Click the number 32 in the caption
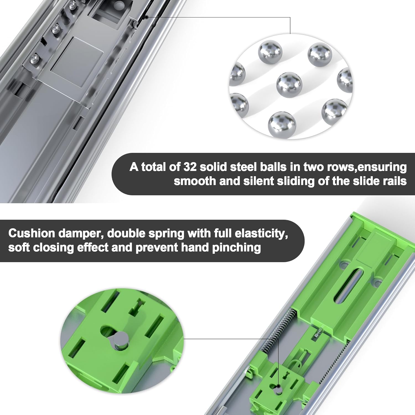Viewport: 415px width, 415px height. [x=190, y=167]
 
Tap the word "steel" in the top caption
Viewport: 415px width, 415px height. [x=244, y=167]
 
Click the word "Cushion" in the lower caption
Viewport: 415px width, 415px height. [x=32, y=234]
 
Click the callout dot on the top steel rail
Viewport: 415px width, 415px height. [x=147, y=17]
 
